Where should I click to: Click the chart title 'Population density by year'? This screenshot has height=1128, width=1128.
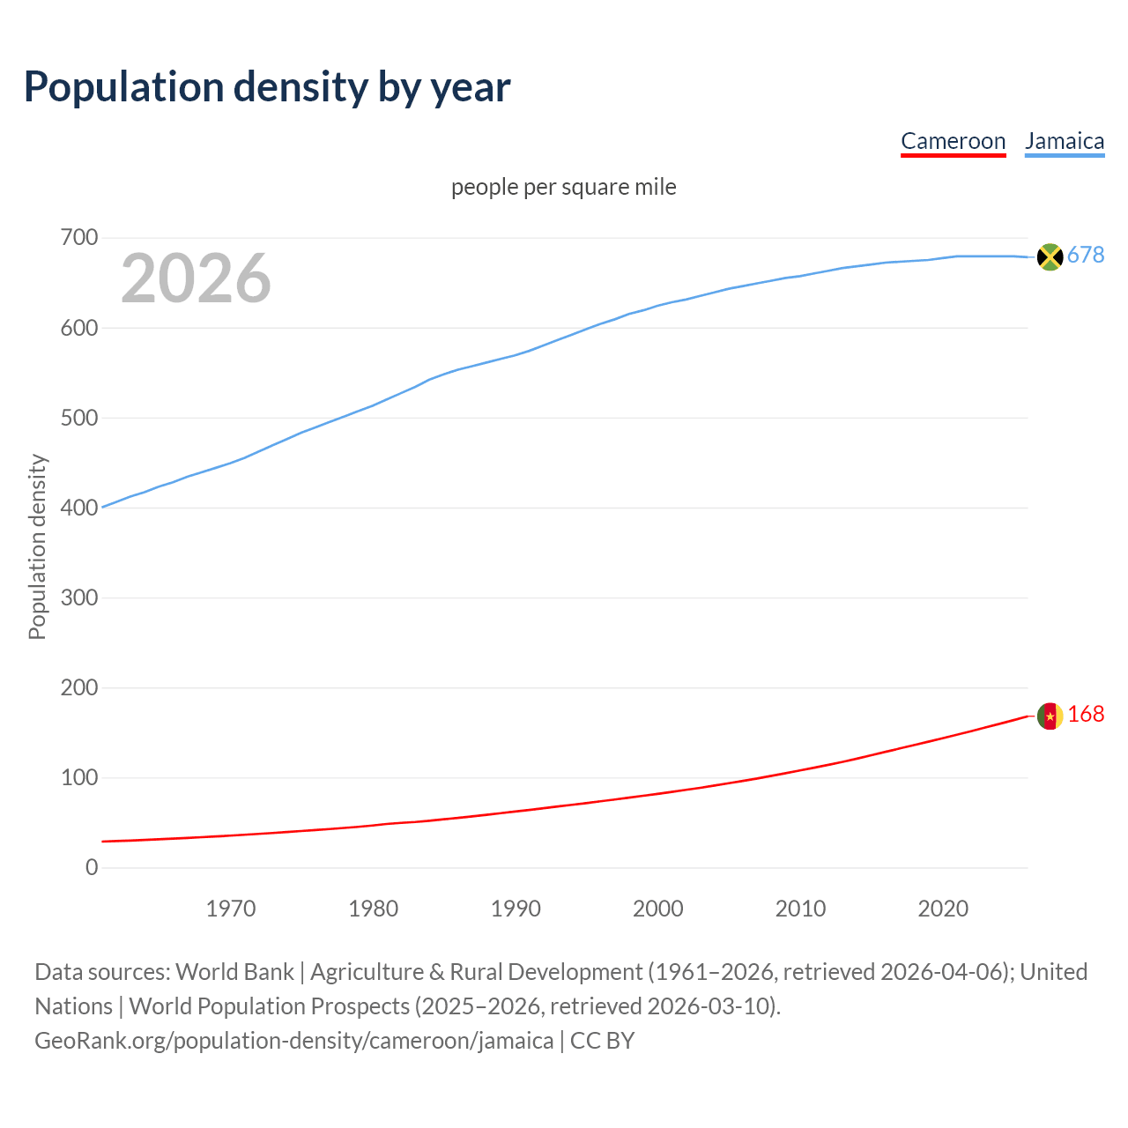click(267, 87)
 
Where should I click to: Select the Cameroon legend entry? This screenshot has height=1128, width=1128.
click(953, 141)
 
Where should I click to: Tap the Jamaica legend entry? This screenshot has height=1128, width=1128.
click(1065, 141)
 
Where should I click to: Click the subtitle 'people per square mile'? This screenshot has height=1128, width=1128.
click(563, 187)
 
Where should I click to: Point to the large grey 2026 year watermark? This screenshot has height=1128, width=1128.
click(196, 278)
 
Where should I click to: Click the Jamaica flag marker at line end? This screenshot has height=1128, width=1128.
click(1050, 256)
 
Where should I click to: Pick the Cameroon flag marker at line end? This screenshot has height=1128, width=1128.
click(1050, 716)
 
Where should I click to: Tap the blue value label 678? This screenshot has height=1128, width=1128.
click(1086, 256)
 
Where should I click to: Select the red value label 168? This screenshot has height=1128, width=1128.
click(1086, 715)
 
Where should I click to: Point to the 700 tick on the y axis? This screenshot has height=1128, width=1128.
click(79, 238)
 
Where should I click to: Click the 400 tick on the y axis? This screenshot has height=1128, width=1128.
click(79, 508)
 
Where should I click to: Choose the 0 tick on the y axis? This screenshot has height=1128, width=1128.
click(92, 868)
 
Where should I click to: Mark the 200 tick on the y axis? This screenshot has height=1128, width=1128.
click(79, 688)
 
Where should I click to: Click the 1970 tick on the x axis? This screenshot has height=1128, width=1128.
click(231, 909)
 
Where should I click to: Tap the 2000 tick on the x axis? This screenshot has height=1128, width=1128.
click(658, 909)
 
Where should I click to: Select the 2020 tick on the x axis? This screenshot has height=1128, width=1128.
click(943, 909)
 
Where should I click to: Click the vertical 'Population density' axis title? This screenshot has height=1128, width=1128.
click(37, 546)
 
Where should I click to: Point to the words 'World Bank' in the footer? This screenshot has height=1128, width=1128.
click(234, 972)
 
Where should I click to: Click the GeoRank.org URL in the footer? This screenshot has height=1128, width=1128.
click(294, 1041)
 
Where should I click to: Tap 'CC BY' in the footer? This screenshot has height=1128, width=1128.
click(603, 1041)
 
